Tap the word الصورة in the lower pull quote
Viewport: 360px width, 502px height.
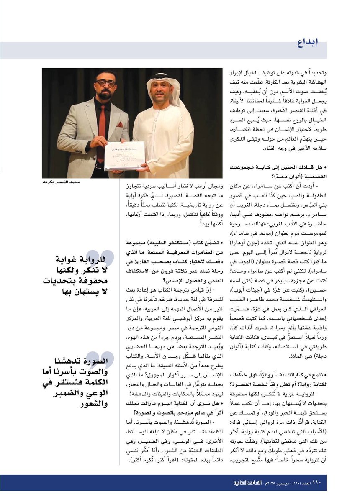pos(95,361)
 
